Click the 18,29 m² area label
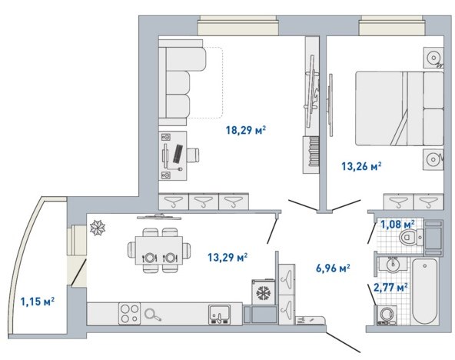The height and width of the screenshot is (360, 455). (246, 130)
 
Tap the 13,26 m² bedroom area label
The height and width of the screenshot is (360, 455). (361, 166)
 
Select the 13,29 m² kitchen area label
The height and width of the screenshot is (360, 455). (227, 257)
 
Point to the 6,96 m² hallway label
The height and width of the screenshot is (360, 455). (333, 268)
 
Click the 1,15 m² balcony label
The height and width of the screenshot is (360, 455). (38, 302)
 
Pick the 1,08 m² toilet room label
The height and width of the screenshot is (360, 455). (397, 224)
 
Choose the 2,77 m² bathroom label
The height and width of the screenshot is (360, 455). (390, 288)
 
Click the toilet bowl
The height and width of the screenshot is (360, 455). (411, 237)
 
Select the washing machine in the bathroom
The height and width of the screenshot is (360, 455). (386, 315)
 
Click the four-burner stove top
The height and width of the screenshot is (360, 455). (129, 314)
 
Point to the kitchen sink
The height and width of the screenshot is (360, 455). (220, 315)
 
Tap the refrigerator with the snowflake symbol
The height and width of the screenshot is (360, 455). (264, 292)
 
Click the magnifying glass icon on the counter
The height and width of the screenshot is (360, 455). (153, 315)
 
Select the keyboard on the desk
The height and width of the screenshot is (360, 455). (178, 154)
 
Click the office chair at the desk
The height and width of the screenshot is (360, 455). (193, 155)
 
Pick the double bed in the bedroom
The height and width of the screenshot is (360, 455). (400, 108)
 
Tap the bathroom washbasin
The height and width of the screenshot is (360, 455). (394, 264)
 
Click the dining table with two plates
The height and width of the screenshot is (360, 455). (159, 250)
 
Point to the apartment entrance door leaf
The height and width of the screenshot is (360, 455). (344, 341)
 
